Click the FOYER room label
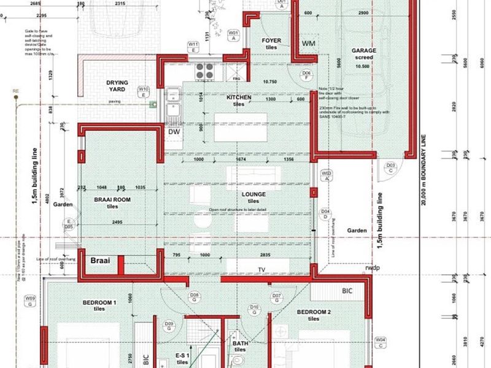click(x=271, y=41)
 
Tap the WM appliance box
click(x=309, y=44)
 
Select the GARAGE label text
click(x=364, y=51)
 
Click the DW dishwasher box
click(x=174, y=131)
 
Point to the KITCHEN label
click(x=239, y=98)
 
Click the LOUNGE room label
click(x=253, y=194)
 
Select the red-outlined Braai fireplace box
click(x=100, y=261)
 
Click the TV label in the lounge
click(x=261, y=269)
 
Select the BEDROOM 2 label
click(x=314, y=312)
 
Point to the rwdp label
click(x=371, y=267)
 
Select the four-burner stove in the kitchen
click(x=204, y=71)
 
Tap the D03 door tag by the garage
click(x=389, y=167)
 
